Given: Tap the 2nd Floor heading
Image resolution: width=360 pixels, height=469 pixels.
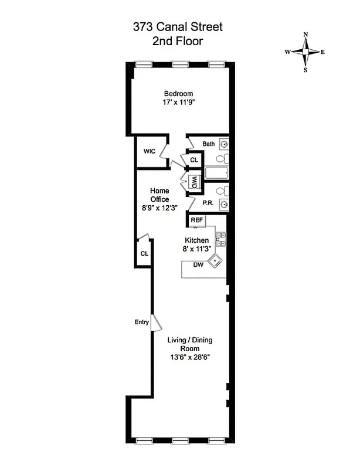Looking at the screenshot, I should click(x=178, y=41).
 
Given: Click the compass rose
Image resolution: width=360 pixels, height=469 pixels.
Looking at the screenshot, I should click(x=305, y=52).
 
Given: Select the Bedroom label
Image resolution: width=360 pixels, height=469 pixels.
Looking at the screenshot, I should click(x=178, y=94).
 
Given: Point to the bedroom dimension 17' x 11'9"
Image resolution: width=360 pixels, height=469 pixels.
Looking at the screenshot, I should click(x=178, y=103).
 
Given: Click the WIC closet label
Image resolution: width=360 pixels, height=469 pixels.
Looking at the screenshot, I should click(x=149, y=151).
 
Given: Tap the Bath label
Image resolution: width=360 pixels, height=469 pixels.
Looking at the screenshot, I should click(x=209, y=144).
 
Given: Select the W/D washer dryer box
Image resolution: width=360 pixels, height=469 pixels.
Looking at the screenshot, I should click(x=193, y=182).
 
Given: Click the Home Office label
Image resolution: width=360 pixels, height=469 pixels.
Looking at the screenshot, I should click(x=159, y=195).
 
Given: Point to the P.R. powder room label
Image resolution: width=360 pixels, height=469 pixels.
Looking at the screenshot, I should click(x=208, y=203).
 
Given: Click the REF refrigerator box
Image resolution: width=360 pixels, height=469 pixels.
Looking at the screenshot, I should click(x=196, y=220).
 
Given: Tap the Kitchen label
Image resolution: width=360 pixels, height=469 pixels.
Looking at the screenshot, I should click(x=196, y=240).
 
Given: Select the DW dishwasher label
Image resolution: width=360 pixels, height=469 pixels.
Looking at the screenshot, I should click(x=198, y=265).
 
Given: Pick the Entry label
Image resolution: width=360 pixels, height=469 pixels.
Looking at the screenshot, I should click(x=141, y=322).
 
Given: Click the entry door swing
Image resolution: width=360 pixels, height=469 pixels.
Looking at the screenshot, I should click(x=156, y=323).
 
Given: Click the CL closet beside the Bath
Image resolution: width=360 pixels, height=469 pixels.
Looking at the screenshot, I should click(x=194, y=159).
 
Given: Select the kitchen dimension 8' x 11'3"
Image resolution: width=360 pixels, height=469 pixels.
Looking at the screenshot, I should click(x=196, y=249).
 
